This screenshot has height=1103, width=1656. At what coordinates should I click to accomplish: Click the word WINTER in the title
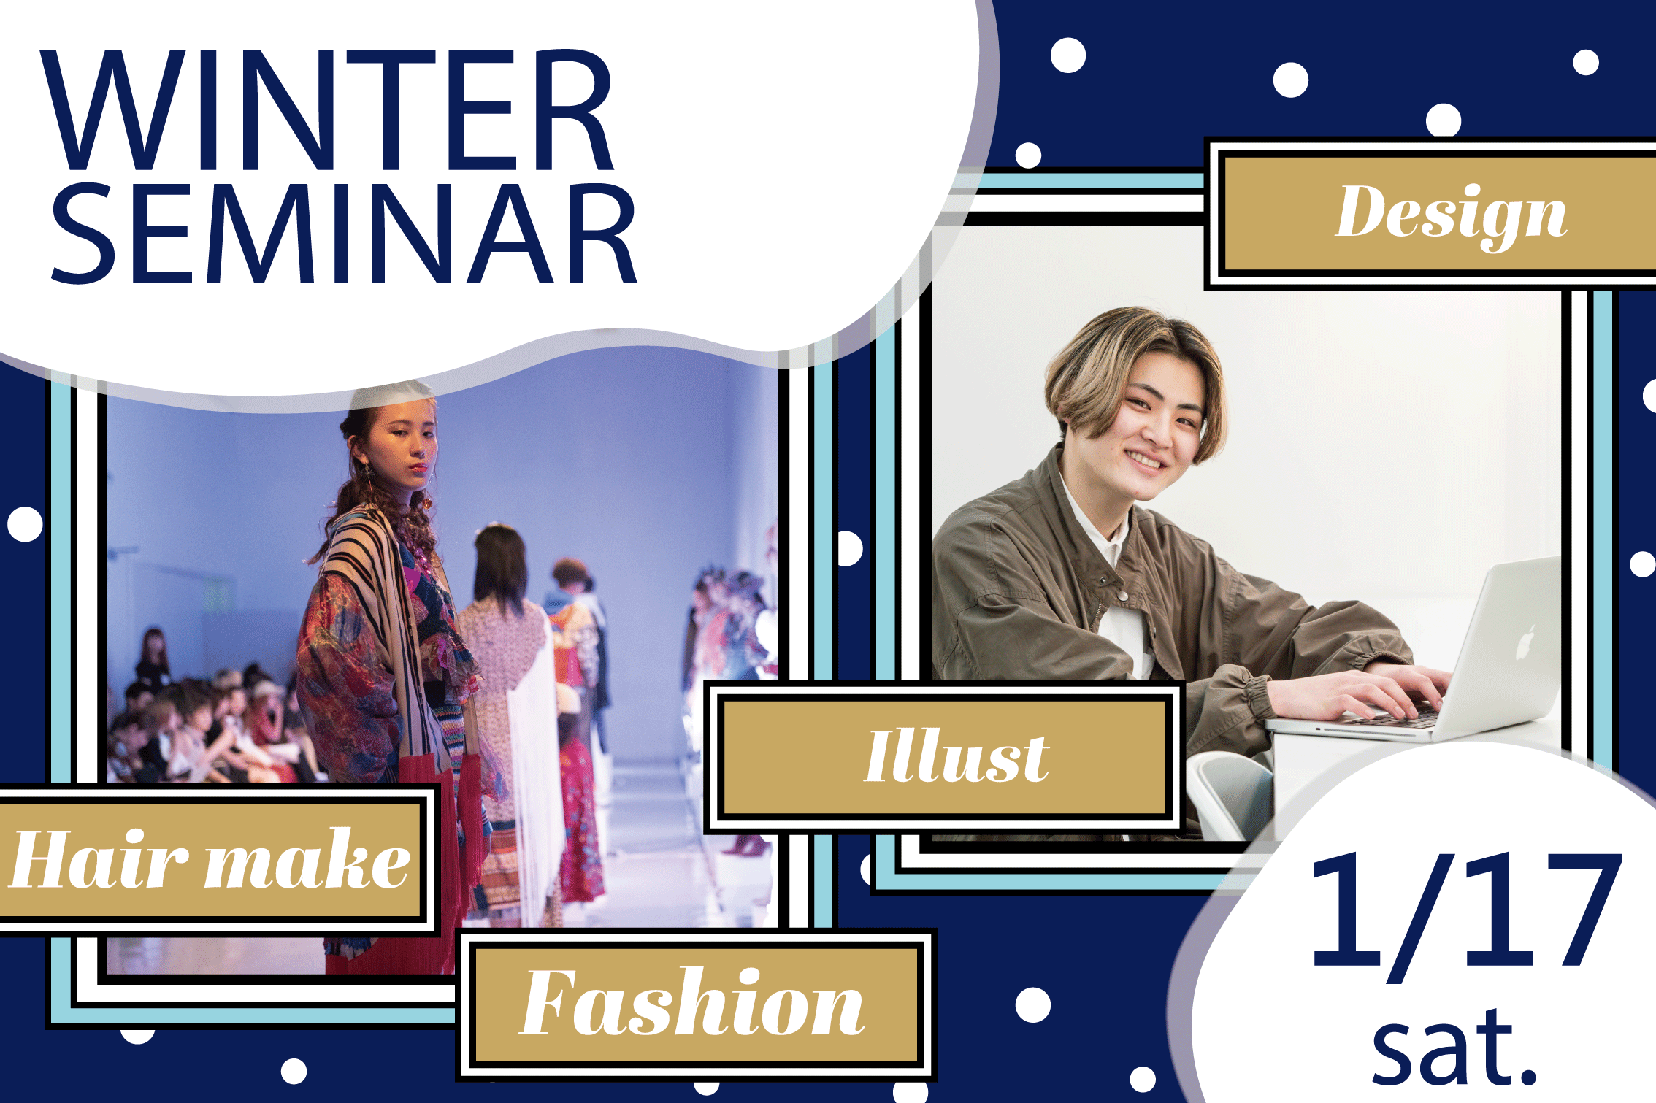[327, 109]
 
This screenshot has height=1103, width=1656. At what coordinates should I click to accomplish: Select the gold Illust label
[945, 756]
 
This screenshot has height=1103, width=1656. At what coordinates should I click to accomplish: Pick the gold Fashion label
[694, 1004]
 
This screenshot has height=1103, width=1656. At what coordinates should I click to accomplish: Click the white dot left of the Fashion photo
[25, 524]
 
